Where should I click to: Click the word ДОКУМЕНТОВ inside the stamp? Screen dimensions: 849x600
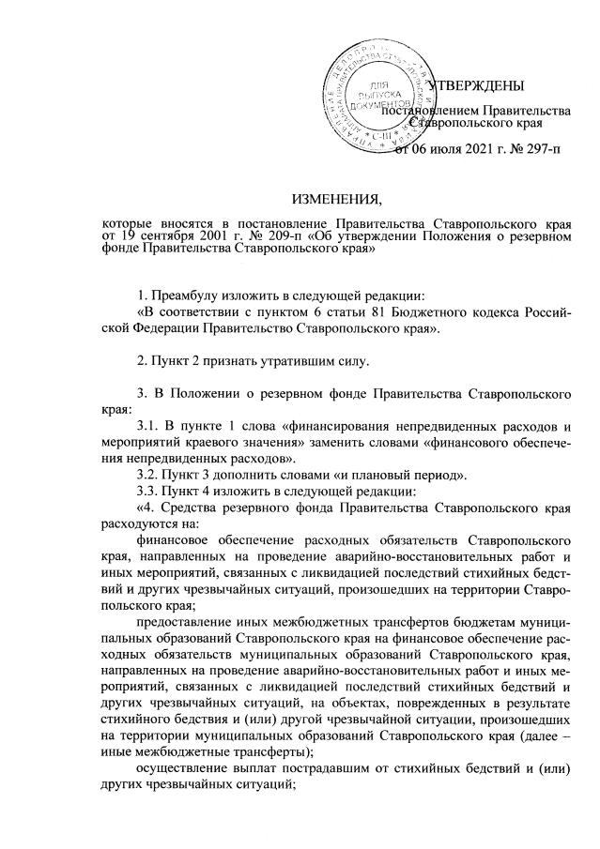click(x=378, y=109)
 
